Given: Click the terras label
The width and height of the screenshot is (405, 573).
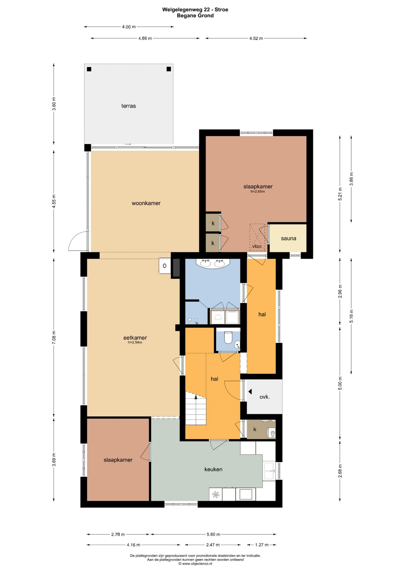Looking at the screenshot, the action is tap(129, 106).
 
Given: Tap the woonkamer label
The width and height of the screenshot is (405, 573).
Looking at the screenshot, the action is tap(146, 203).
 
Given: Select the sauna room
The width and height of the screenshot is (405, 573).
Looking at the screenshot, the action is tap(288, 238).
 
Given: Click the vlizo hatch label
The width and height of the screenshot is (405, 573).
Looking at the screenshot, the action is tap(257, 247).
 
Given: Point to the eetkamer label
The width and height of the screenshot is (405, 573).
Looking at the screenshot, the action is tap(135, 338).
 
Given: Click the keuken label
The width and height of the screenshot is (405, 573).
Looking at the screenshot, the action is tap(213, 469).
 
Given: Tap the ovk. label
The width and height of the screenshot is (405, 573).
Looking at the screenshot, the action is tap(265, 397).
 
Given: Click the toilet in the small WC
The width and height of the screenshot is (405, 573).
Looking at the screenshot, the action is tap(228, 337).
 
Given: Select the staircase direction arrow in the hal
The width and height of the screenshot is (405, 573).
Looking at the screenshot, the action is tap(196, 397).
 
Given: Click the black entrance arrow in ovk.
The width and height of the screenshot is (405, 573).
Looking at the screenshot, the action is tap(250, 392).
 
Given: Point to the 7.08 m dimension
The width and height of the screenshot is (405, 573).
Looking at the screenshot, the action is tap(54, 338).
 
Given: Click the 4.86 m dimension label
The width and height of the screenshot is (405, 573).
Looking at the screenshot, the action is tap(145, 38).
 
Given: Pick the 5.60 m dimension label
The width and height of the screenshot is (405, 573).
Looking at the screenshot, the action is tap(213, 534).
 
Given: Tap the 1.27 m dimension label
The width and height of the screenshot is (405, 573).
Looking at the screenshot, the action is tap(262, 545).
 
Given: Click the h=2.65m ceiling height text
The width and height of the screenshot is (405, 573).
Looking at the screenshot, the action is tap(258, 192).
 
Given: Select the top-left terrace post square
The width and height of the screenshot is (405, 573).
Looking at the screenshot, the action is tap(89, 69).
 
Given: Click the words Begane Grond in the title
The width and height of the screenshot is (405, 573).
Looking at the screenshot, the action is tap(195, 16).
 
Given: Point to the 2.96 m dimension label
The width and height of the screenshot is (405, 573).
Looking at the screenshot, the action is tap(340, 291).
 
